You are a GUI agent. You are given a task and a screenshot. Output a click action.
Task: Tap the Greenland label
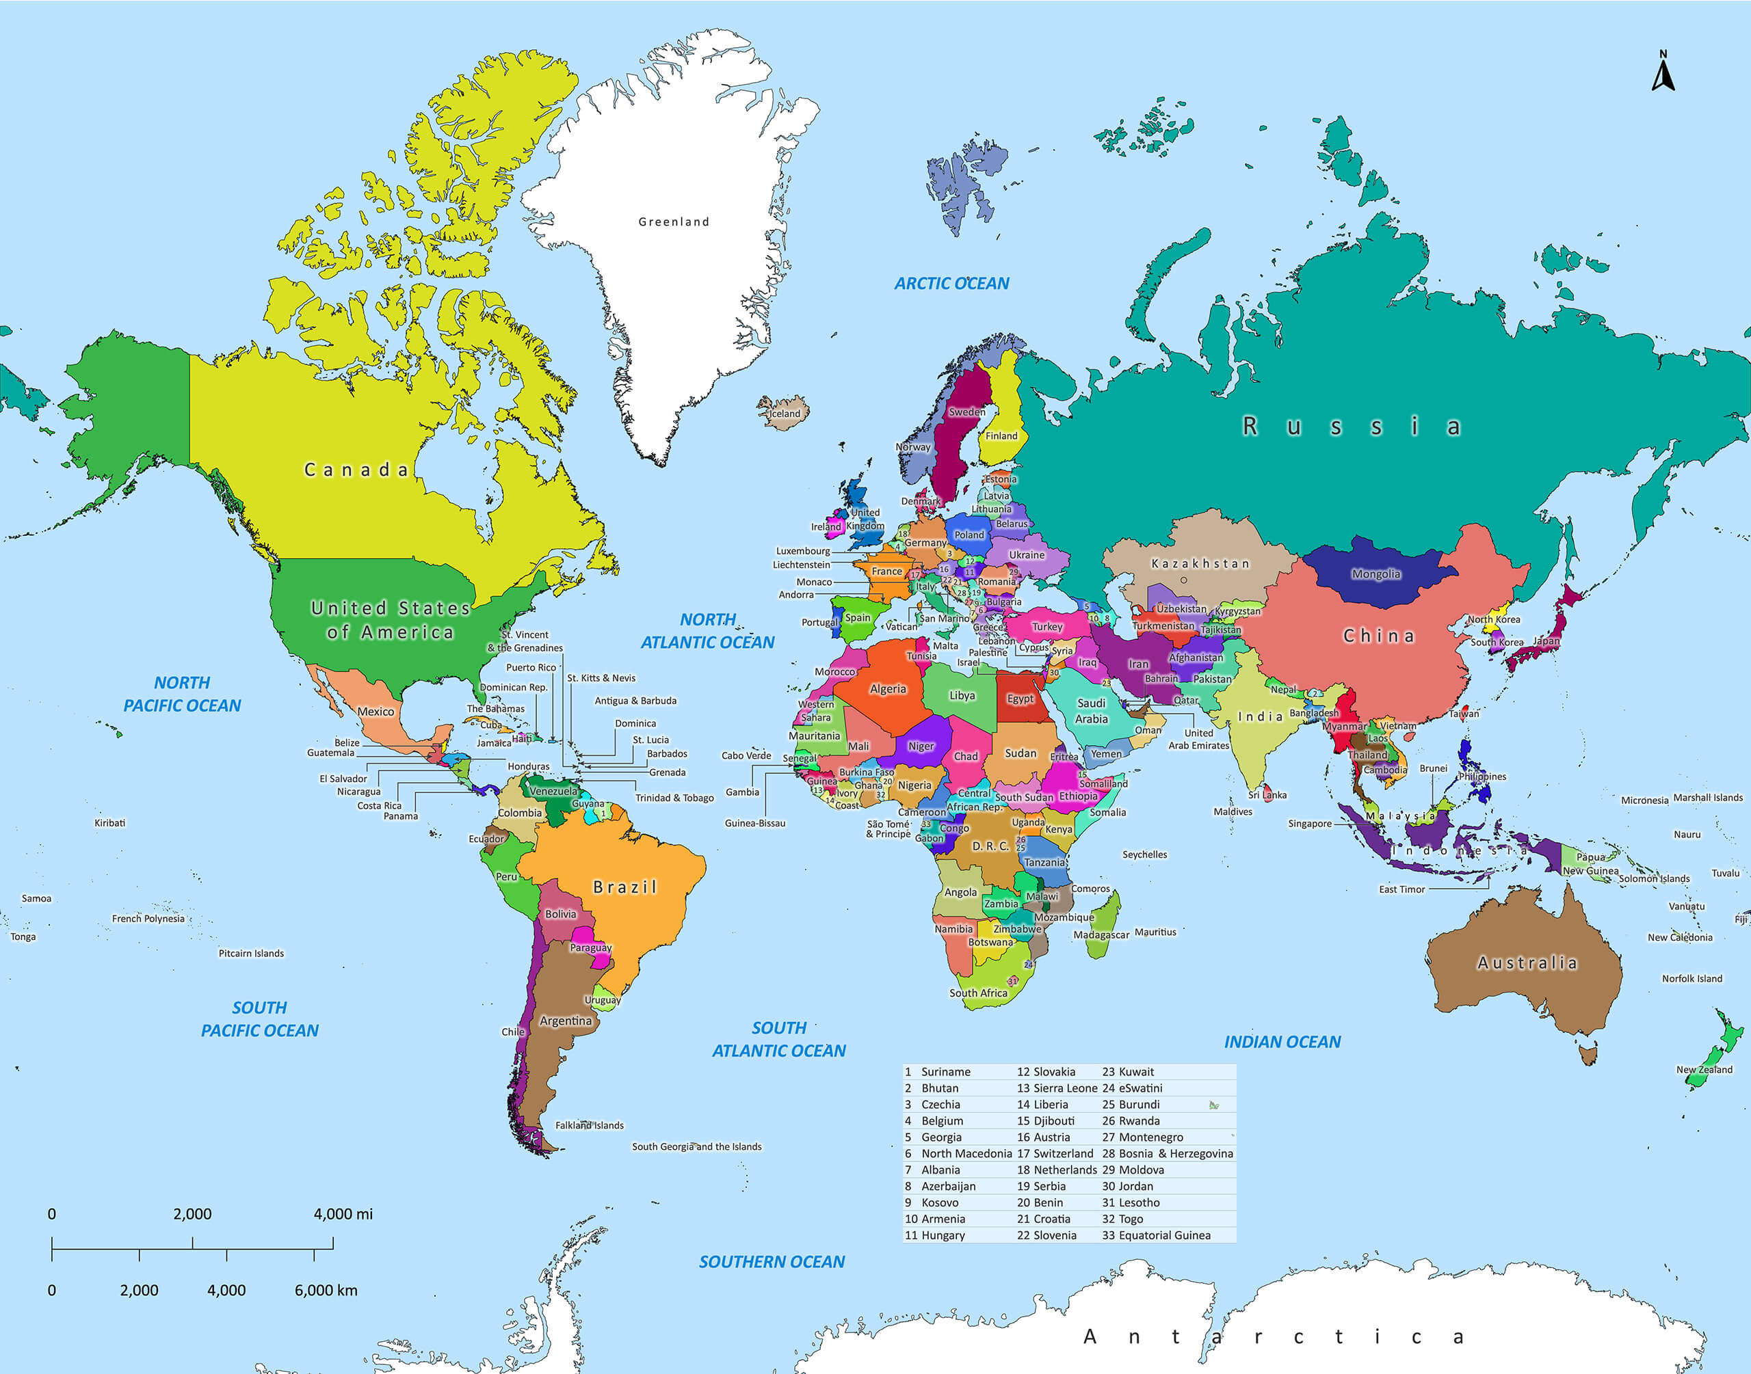(674, 222)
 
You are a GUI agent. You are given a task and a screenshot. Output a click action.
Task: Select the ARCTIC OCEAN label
(951, 283)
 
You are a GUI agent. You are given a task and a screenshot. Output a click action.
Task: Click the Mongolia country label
(1375, 574)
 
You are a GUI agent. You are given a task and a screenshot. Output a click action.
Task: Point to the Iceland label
(785, 414)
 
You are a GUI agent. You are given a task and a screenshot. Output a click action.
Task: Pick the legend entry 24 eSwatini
(1132, 1088)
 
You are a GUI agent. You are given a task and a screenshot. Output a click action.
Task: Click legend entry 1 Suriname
(938, 1072)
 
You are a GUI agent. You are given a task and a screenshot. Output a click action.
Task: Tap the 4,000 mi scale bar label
(343, 1214)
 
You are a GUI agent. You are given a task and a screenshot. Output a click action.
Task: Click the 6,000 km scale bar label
(325, 1291)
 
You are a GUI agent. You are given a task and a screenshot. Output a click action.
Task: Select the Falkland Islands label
(589, 1125)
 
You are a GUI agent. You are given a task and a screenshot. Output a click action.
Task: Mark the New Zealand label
(1704, 1070)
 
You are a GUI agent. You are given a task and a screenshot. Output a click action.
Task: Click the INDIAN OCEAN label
(1282, 1042)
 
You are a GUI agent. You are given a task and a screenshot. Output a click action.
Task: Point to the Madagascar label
(1101, 934)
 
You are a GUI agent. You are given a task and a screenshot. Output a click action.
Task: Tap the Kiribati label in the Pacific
(109, 823)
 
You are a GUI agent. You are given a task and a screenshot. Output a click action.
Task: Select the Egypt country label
(1020, 698)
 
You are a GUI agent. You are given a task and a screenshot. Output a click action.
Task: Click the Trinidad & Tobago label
(674, 798)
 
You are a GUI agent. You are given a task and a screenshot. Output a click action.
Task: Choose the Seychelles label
(1144, 854)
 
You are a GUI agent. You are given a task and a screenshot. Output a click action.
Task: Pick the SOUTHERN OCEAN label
(771, 1261)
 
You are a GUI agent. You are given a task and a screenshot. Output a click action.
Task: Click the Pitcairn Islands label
(251, 954)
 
